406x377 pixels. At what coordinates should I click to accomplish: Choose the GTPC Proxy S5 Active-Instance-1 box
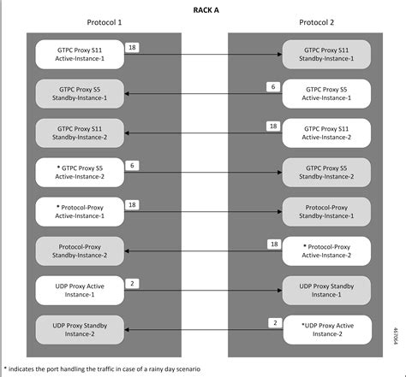click(329, 93)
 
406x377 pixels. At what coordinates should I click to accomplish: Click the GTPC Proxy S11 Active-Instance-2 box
click(329, 132)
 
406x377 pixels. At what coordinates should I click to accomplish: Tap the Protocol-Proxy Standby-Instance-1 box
click(329, 210)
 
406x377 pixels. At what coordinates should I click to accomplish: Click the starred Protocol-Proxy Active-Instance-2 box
click(329, 250)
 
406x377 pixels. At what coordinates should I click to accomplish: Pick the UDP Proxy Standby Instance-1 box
click(329, 290)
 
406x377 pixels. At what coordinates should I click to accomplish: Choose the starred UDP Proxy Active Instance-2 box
click(329, 329)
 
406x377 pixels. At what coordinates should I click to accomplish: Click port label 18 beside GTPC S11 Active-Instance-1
click(132, 48)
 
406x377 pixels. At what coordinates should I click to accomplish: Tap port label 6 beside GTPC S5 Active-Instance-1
click(272, 87)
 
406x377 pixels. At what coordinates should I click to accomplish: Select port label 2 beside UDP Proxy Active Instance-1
click(132, 283)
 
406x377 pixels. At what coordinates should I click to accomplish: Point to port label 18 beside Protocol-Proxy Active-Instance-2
click(274, 244)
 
